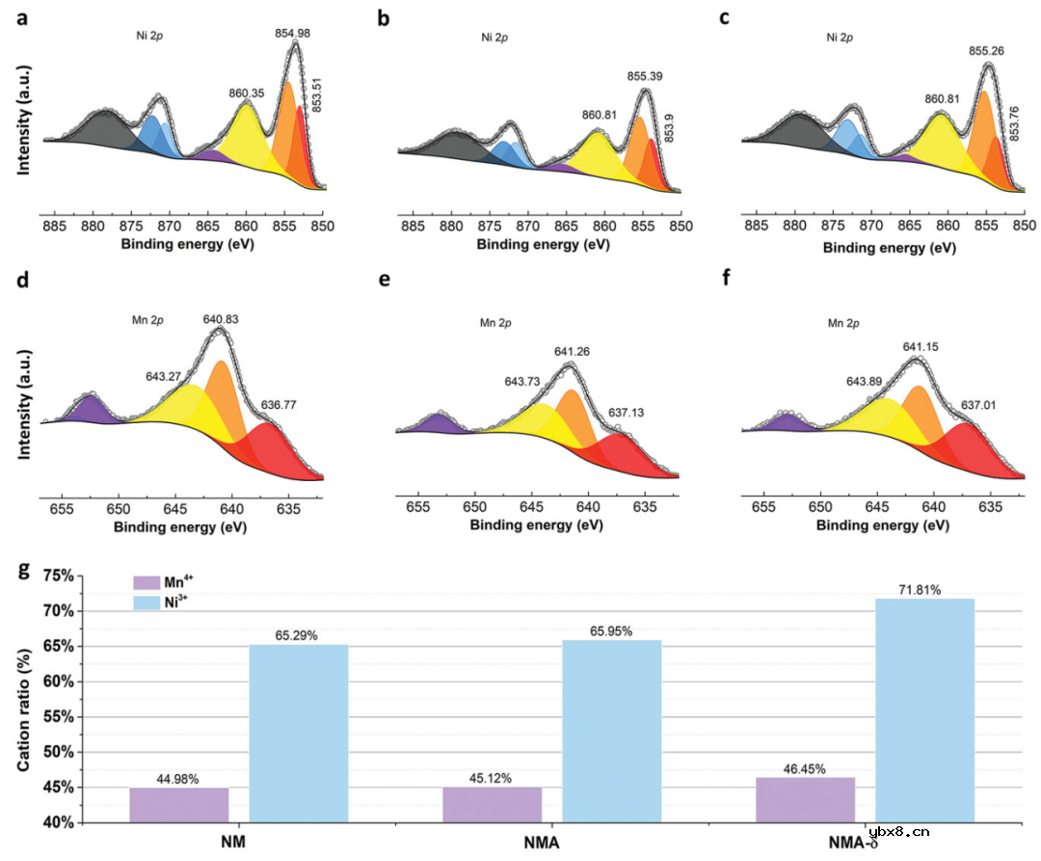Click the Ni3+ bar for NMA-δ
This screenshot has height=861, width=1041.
point(925,711)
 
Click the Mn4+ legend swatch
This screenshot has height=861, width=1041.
point(146,583)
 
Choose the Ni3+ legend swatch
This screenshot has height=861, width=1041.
point(146,602)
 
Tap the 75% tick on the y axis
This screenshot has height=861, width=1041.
point(55,576)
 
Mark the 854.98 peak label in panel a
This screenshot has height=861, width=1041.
point(292,34)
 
